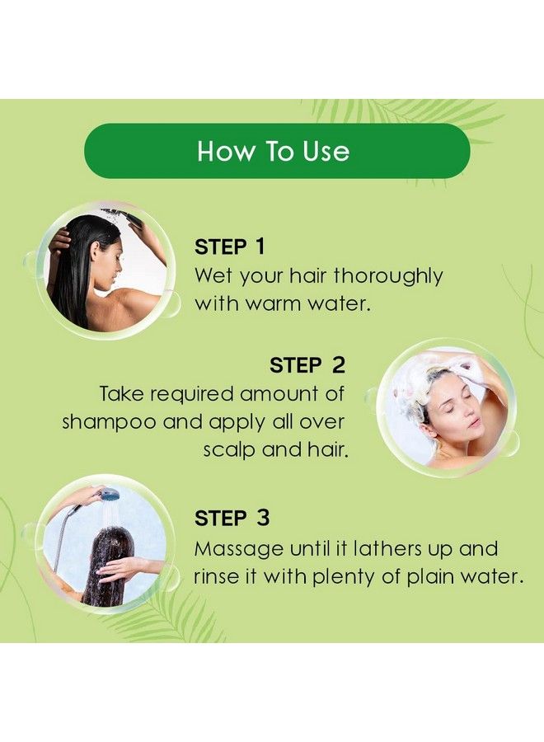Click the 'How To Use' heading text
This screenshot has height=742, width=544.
click(273, 152)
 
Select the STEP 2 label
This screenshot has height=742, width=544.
click(307, 365)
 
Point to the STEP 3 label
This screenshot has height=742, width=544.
click(232, 519)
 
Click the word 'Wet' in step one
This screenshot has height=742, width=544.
click(210, 275)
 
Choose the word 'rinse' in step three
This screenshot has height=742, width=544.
click(218, 577)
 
